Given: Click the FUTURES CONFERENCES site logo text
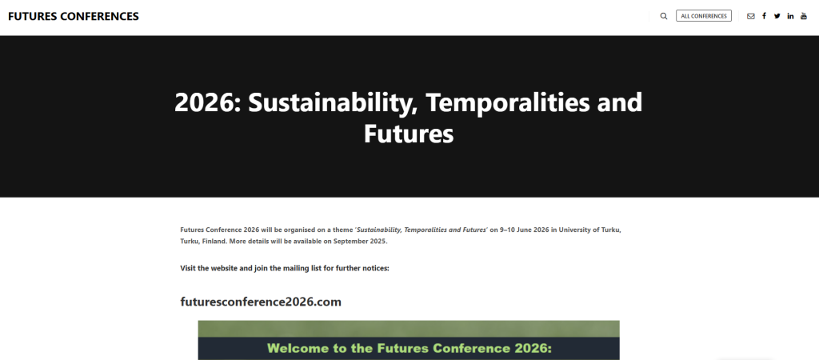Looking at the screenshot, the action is point(74,16).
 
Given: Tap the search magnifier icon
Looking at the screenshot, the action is point(664,16).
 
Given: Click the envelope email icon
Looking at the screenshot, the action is point(750,16).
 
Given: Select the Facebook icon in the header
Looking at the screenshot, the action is point(764,16).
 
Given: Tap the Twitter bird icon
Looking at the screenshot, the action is point(777,16).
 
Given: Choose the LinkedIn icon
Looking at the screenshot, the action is point(791,16).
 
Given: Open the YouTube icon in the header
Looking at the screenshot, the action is point(804,16).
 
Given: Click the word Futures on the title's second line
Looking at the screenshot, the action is point(409,134).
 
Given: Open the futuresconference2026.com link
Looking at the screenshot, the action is point(261,302).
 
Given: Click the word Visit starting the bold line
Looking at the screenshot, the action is point(188,269).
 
